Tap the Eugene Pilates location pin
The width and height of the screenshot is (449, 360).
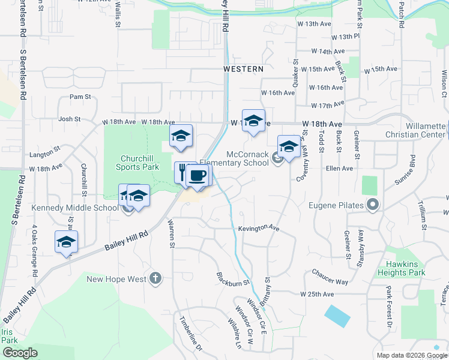click(x=373, y=205)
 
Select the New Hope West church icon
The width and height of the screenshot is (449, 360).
click(x=155, y=277)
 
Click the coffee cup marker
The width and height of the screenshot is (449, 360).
click(x=198, y=175)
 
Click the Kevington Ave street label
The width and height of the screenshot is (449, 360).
click(x=259, y=229)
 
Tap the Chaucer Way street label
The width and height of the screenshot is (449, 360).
click(x=330, y=277)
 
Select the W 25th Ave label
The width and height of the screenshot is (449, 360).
click(x=317, y=294)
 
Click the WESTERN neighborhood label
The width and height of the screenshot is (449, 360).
click(x=243, y=70)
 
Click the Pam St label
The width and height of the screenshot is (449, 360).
click(x=80, y=96)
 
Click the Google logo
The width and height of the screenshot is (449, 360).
click(x=20, y=353)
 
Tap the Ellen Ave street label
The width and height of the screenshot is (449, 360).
click(x=339, y=169)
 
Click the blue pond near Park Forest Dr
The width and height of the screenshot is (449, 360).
click(x=336, y=316)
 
